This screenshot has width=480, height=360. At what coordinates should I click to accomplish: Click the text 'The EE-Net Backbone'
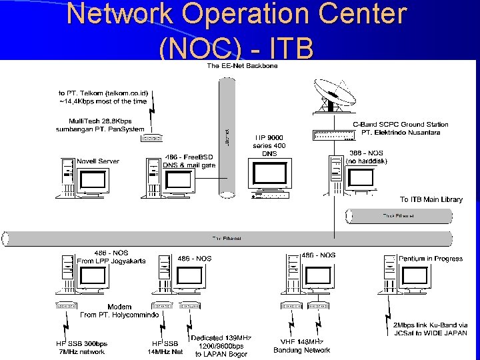click(x=242, y=65)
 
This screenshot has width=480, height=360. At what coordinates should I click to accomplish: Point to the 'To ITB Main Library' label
click(x=431, y=199)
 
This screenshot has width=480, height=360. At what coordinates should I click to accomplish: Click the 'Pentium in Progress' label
click(x=430, y=258)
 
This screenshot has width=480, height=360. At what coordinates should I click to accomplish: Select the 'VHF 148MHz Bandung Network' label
click(x=302, y=345)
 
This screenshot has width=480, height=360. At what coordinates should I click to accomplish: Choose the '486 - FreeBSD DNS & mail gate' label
click(x=190, y=161)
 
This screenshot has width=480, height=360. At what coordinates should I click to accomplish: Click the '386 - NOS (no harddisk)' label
click(x=367, y=156)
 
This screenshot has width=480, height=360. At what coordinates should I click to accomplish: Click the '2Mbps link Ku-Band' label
click(x=425, y=329)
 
